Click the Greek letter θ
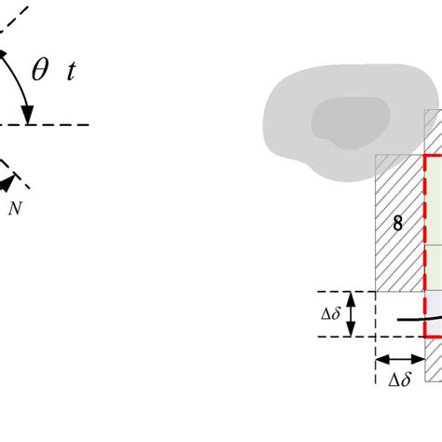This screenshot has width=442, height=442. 40,74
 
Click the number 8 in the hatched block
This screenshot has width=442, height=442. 398,224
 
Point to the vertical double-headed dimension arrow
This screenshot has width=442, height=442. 350,314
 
